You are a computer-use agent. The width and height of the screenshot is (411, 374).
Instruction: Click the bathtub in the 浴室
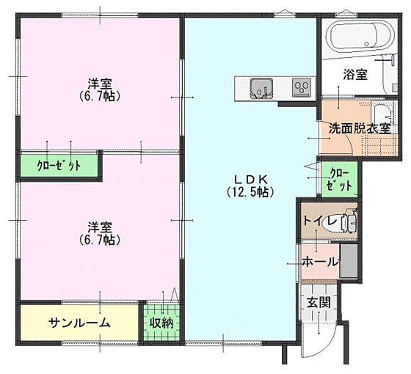[x=362, y=37]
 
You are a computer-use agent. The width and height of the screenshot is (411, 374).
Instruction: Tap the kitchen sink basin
[x=261, y=88]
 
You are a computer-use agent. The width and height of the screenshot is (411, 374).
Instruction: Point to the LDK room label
[x=250, y=180]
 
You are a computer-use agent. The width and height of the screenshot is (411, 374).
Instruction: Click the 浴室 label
[x=355, y=75]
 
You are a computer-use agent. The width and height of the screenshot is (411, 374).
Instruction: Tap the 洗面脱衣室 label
[x=360, y=128]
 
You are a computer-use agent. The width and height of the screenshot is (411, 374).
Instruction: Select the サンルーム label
[x=79, y=323]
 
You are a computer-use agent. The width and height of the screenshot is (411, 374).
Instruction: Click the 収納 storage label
[x=161, y=323]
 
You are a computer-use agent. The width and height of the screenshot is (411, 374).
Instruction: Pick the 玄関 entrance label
[x=319, y=302]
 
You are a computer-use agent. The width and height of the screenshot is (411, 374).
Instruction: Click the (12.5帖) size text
[x=250, y=192]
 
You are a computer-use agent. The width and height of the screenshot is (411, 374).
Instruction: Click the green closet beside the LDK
[x=339, y=180]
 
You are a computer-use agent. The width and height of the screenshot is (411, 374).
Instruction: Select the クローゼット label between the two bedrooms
[x=59, y=166]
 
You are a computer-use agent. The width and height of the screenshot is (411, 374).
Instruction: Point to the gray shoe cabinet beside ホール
[x=349, y=260]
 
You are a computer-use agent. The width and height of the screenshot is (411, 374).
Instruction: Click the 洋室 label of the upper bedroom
[x=100, y=84]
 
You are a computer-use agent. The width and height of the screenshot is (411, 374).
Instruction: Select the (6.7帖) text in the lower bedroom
[x=100, y=240]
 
